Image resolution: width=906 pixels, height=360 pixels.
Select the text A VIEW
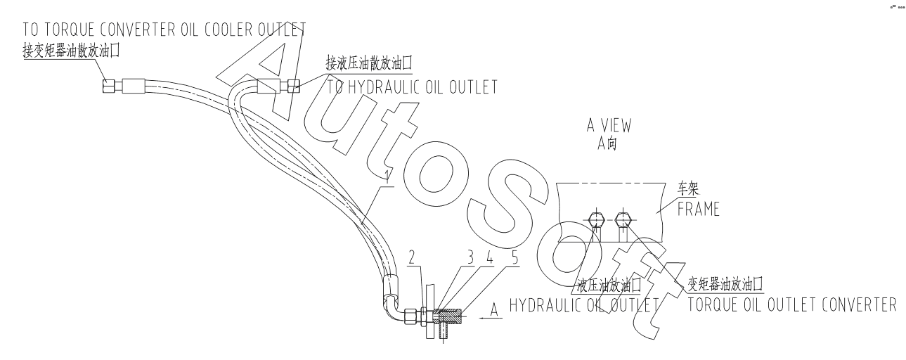(x=609, y=125)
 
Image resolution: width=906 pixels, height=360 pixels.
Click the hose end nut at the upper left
(x=109, y=86)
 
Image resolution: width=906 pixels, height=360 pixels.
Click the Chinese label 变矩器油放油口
(x=725, y=284)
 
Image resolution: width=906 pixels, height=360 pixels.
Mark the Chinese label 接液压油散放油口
(x=368, y=63)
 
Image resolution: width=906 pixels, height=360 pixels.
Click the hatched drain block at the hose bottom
(x=448, y=316)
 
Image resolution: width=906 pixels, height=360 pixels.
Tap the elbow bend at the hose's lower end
(x=391, y=307)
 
